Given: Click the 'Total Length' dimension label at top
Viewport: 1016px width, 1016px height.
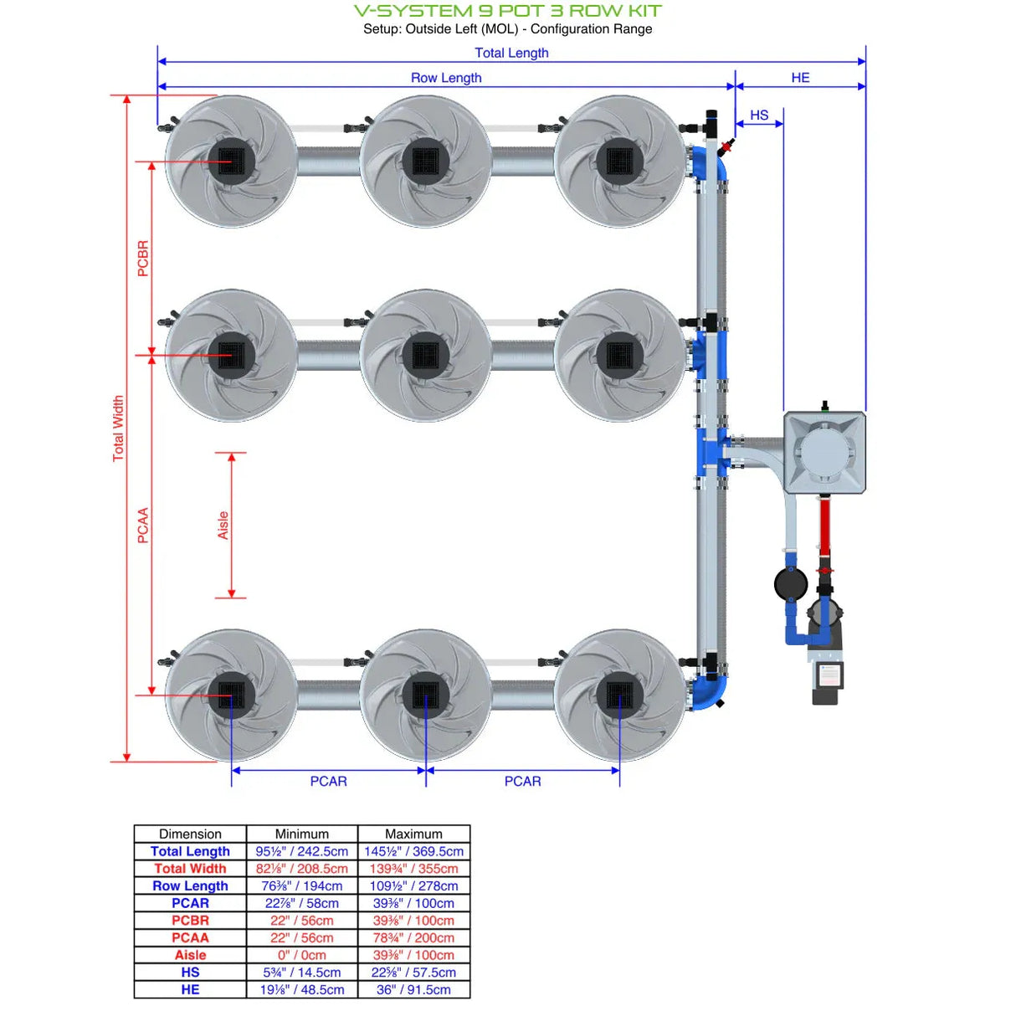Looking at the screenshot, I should (511, 53).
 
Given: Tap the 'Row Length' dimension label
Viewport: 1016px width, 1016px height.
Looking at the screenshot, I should (445, 78).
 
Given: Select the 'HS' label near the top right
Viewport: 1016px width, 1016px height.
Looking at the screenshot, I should (758, 115).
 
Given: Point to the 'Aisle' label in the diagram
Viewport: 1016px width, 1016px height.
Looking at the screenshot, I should (223, 525).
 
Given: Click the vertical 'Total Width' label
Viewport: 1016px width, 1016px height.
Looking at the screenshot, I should (118, 428).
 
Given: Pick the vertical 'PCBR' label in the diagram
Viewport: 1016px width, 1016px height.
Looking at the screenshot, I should (143, 259).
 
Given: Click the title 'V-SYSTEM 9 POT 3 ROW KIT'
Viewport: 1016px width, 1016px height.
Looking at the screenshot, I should (507, 11).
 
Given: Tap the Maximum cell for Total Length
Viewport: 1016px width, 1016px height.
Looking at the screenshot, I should (413, 851).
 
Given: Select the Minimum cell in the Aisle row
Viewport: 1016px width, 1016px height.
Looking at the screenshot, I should (301, 955).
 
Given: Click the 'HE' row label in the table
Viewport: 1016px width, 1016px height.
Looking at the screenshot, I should (190, 989).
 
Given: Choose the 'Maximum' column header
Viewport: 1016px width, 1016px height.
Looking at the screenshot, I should (413, 834).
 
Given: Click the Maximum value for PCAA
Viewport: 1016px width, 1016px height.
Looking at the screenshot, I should (413, 937).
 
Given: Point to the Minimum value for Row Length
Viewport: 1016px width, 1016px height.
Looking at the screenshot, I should (301, 885).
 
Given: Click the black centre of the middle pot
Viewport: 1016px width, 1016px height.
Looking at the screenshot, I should (425, 355).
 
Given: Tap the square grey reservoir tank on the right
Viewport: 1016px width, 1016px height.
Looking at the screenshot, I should (824, 452).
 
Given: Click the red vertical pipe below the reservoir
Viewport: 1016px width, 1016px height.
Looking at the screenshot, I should (824, 527).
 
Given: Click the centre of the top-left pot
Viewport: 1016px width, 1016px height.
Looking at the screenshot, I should (231, 161).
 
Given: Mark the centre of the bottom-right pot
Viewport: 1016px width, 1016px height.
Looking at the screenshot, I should (619, 695).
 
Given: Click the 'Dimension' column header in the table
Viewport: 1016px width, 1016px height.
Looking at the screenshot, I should (190, 834).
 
